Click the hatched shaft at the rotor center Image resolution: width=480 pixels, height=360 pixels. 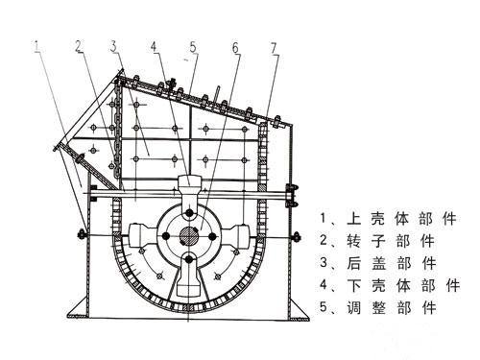click(189, 235)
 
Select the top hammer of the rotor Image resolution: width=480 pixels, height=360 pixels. click(190, 187)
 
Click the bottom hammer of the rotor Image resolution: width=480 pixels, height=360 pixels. click(189, 284)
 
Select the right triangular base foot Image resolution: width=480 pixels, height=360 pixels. click(305, 307)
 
